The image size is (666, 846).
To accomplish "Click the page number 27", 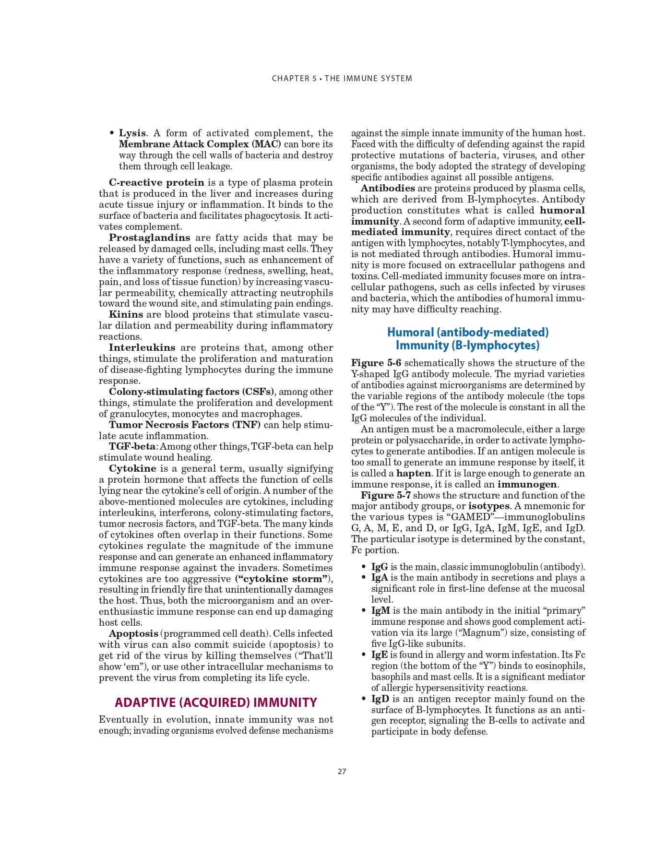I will click(x=342, y=772).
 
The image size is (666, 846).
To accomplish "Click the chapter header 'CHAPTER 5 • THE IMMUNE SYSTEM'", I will click(x=342, y=79).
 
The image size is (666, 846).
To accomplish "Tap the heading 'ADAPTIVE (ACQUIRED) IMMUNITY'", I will click(x=216, y=703).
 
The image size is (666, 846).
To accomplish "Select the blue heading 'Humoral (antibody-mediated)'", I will click(x=467, y=332).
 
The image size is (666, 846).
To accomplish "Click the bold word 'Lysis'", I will click(x=132, y=133).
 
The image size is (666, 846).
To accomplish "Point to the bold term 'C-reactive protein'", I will click(x=156, y=183).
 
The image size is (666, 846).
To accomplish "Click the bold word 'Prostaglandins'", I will click(x=149, y=238).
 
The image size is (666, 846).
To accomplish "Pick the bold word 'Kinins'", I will click(x=126, y=315).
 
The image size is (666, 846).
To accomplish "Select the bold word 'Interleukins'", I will click(x=142, y=348).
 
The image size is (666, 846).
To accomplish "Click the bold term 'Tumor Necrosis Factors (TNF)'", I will click(x=185, y=425).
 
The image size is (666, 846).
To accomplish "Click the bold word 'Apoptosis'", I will click(x=133, y=634).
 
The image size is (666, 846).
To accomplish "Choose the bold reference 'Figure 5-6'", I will click(x=376, y=363).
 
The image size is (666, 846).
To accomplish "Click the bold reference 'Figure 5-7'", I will click(x=385, y=496).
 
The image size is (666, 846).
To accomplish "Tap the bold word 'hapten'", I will click(x=413, y=474).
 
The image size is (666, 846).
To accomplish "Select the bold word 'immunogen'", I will click(x=527, y=485).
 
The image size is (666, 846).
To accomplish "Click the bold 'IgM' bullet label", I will click(x=381, y=611).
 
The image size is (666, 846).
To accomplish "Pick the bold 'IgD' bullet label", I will click(x=380, y=699).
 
